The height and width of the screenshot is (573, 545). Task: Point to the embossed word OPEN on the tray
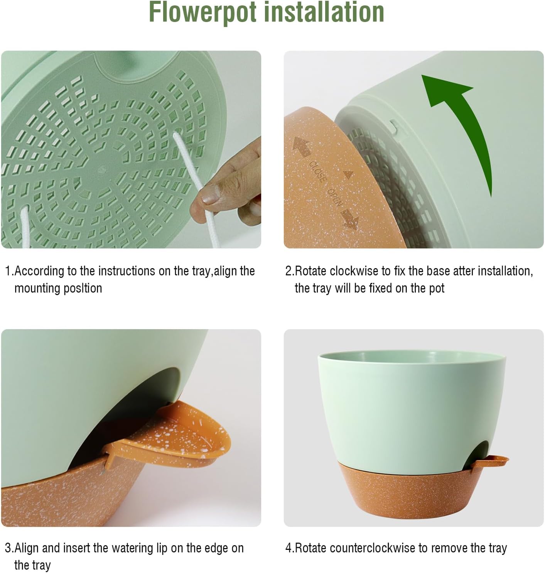pyautogui.click(x=334, y=197)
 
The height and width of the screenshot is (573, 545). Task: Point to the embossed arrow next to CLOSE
pyautogui.click(x=302, y=147)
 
